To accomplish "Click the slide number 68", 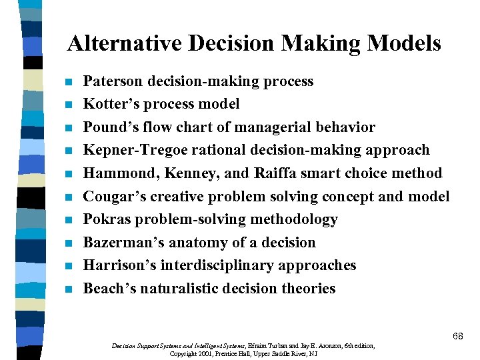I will (457, 336).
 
